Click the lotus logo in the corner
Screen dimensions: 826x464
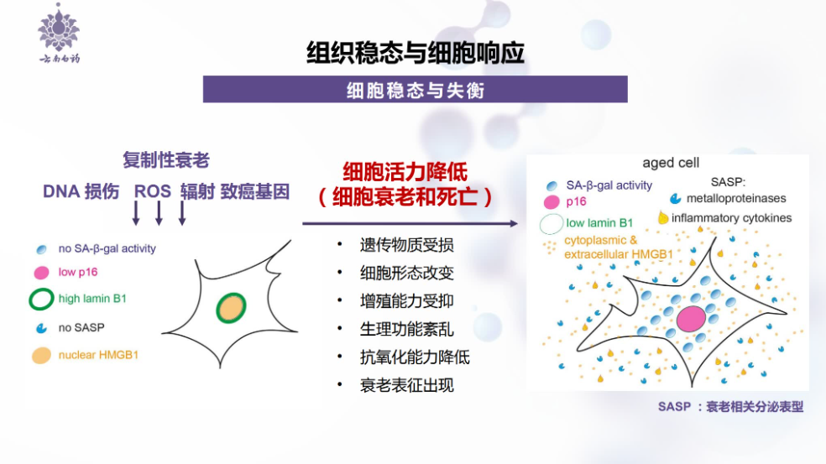pos(59,33)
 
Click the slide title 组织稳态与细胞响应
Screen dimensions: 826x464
pos(416,53)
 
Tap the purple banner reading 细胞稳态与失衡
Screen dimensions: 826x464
pos(416,90)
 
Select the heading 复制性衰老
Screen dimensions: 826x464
pos(166,160)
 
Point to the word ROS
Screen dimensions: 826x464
pos(153,191)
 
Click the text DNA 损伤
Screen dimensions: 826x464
pos(81,191)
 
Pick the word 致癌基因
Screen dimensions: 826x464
pos(255,191)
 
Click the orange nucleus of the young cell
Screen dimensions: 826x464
pos(231,308)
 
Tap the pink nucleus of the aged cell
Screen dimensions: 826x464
pos(691,319)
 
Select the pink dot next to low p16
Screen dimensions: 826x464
pos(41,273)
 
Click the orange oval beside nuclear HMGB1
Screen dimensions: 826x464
pos(41,356)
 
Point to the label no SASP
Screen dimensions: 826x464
pos(81,327)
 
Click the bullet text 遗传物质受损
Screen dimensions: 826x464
pos(406,245)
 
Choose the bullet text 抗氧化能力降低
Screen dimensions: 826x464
pos(415,357)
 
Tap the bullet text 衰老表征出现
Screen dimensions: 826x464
pos(406,385)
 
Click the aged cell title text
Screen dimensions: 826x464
pos(671,163)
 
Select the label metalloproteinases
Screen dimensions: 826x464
pos(736,199)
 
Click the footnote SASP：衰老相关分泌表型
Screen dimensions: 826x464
pos(730,407)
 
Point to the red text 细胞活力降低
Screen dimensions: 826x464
pos(405,172)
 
